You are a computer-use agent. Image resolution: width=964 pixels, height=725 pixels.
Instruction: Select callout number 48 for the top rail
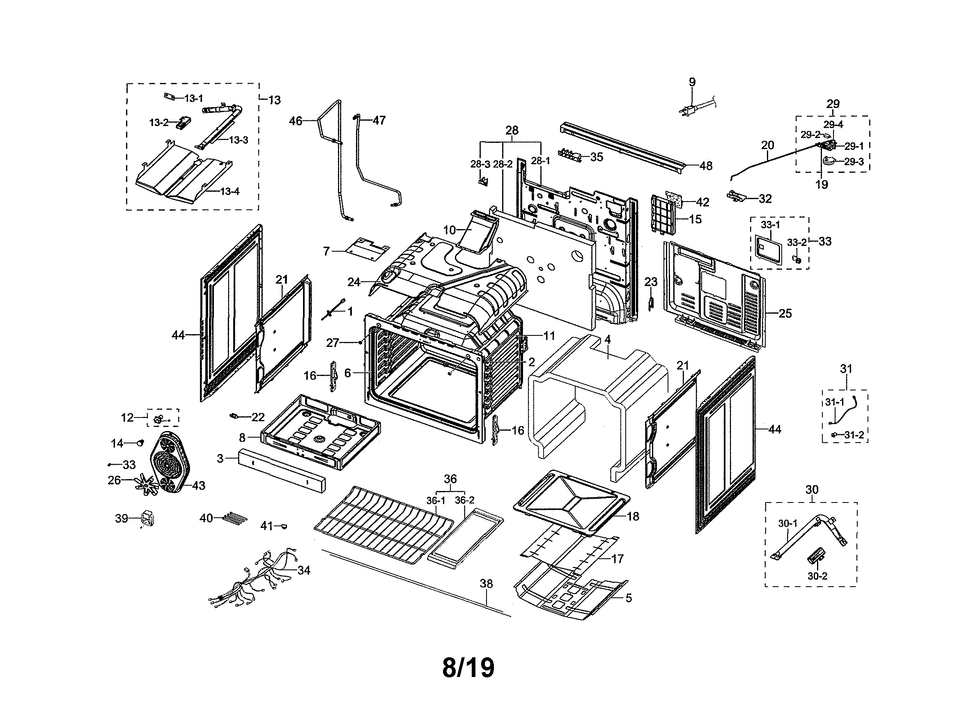[x=706, y=165]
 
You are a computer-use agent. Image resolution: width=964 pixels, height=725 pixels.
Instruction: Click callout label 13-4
[x=229, y=191]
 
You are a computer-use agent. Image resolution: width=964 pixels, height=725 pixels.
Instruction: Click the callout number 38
[x=486, y=583]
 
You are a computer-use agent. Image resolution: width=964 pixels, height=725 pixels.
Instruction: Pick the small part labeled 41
[x=284, y=526]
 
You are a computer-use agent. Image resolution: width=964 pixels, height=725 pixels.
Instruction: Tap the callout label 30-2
[x=817, y=576]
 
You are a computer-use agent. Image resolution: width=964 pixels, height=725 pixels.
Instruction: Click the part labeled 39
[x=147, y=518]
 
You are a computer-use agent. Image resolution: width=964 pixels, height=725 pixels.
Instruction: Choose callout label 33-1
[x=770, y=225]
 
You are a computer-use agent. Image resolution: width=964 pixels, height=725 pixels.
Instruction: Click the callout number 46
[x=296, y=121]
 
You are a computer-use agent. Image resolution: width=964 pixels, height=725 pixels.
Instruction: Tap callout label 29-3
[x=853, y=162]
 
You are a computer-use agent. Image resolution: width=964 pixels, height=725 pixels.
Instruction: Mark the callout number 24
[x=353, y=282]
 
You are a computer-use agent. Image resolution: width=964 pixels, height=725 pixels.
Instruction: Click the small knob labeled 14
[x=140, y=443]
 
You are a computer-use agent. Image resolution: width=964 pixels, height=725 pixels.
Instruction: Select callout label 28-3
[x=480, y=164]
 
